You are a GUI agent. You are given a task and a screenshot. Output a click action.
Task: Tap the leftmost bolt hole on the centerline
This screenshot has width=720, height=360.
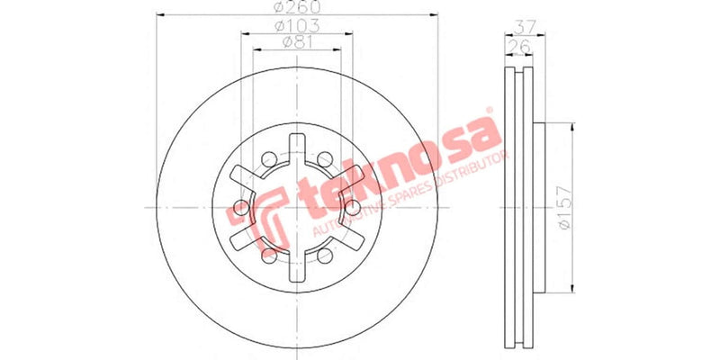[x=240, y=208]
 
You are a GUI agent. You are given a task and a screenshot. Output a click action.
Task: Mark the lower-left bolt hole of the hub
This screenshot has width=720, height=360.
[x=268, y=256]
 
